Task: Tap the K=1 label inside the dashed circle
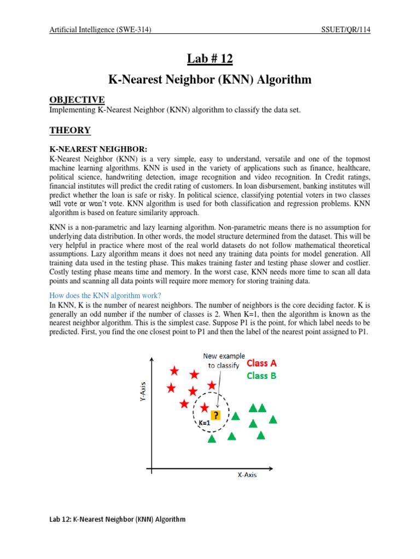(205, 423)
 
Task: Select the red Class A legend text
(261, 363)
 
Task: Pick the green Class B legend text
(261, 376)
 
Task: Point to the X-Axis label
(247, 475)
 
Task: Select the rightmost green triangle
(273, 419)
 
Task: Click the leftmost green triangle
(212, 438)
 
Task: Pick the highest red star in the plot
(174, 371)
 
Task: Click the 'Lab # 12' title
(209, 58)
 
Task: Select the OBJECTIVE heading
(77, 99)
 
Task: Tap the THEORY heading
(70, 130)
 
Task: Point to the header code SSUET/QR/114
(346, 30)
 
